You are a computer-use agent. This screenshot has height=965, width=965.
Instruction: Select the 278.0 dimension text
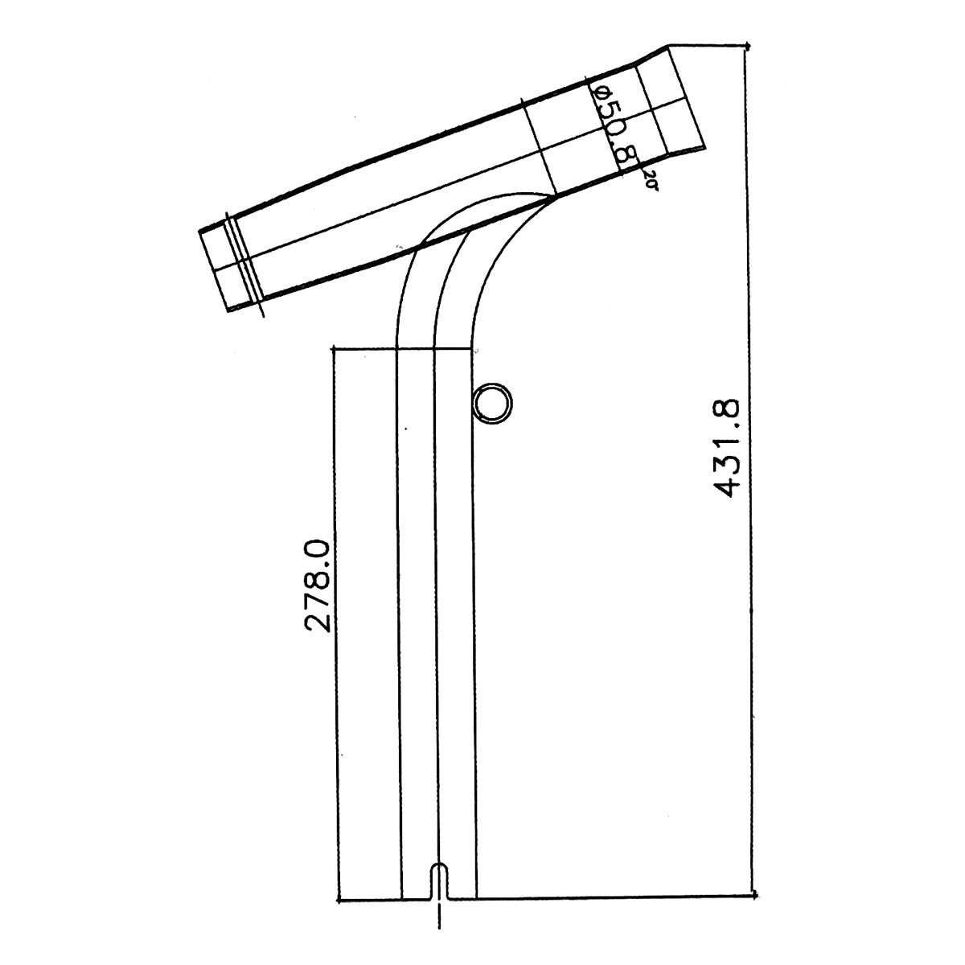point(318,585)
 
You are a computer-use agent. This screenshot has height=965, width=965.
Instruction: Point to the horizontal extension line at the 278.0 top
point(402,349)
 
